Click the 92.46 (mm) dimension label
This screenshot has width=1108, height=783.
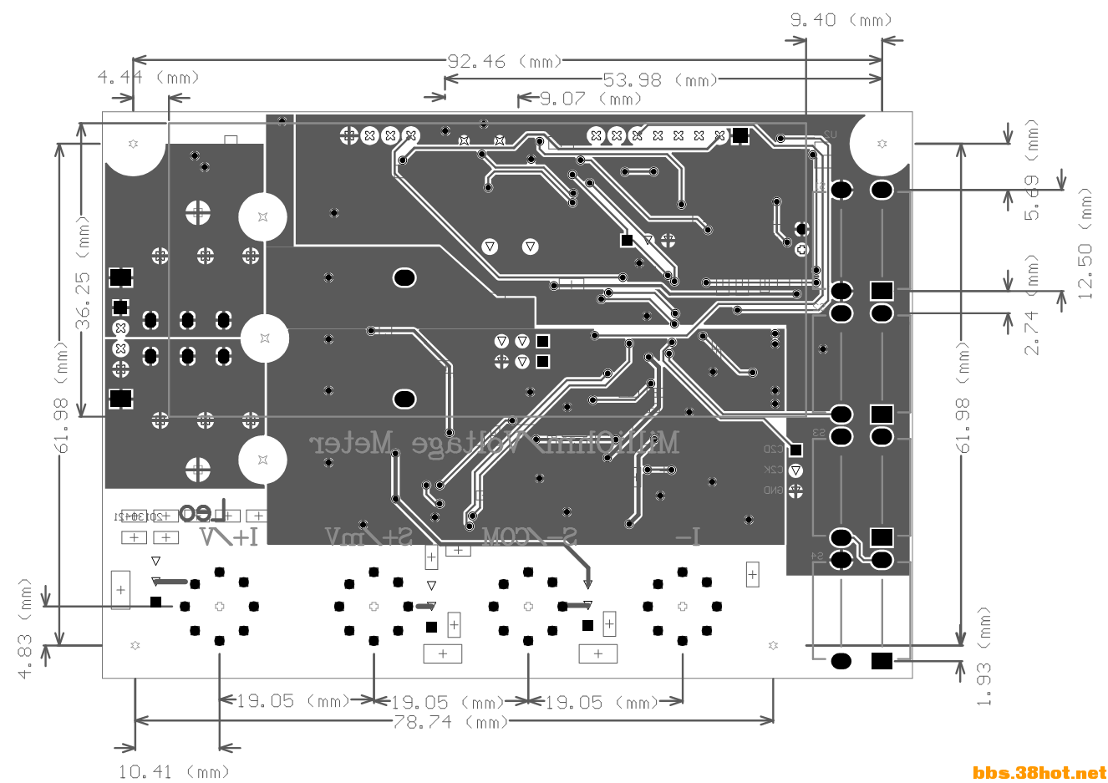[504, 61]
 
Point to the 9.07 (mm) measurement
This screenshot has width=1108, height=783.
[590, 99]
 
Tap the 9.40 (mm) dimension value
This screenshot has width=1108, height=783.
[841, 20]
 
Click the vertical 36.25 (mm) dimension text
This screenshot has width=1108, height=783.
[84, 272]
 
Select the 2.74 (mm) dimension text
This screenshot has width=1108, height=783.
[1033, 306]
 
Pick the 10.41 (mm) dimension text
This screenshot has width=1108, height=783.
[174, 771]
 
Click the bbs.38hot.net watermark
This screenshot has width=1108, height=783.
[1039, 773]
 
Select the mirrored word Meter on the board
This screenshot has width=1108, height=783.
[352, 443]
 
